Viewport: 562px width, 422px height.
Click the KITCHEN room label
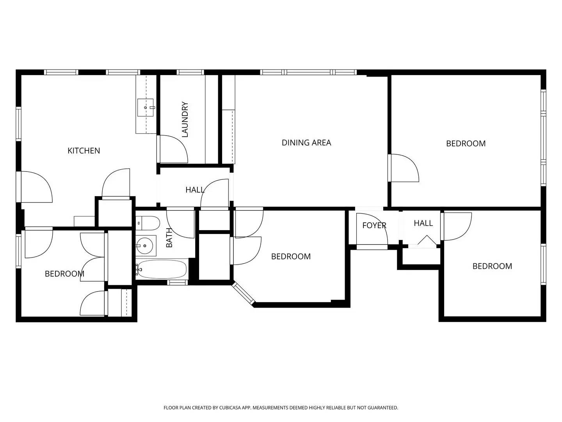pyautogui.click(x=84, y=150)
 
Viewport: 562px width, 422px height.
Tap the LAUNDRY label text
pyautogui.click(x=185, y=120)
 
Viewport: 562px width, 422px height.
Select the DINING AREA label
pyautogui.click(x=306, y=143)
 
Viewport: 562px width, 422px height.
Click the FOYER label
pyautogui.click(x=374, y=225)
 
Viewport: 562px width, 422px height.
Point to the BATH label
pyautogui.click(x=169, y=238)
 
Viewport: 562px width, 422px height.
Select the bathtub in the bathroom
pyautogui.click(x=162, y=270)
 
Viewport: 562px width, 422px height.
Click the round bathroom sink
pyautogui.click(x=145, y=246)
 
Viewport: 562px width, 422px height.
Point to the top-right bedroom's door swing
pyautogui.click(x=404, y=168)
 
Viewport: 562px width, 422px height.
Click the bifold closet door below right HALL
pyautogui.click(x=427, y=241)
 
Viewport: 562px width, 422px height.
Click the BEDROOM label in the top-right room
pyautogui.click(x=466, y=143)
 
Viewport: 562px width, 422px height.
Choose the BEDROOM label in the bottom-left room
pyautogui.click(x=64, y=274)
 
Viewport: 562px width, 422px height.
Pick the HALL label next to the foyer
pyautogui.click(x=423, y=223)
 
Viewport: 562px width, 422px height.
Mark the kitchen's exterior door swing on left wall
pyautogui.click(x=36, y=187)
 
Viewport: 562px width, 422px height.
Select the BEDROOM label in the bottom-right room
pyautogui.click(x=492, y=266)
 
